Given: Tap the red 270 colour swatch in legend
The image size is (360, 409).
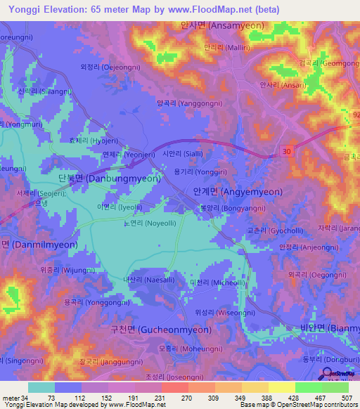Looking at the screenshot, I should [x=175, y=387].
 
